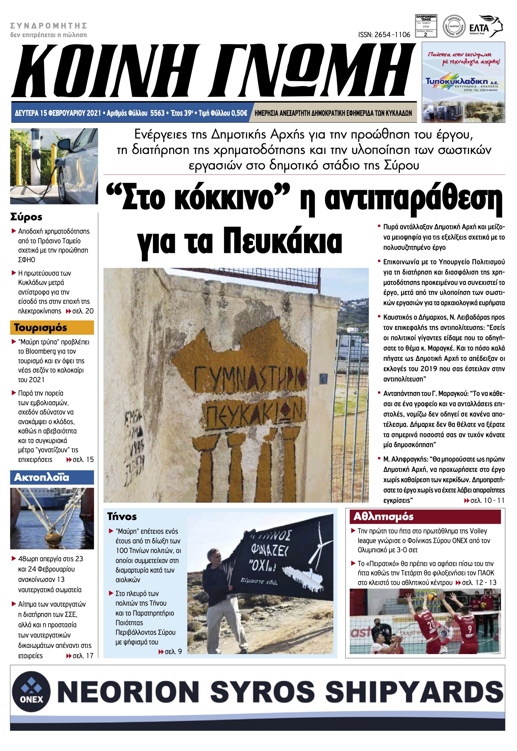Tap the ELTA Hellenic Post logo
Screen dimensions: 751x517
[x=485, y=26]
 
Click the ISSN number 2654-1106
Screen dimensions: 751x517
[x=384, y=35]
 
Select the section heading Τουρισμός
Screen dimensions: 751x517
[x=41, y=328]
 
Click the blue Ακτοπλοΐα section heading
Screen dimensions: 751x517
[x=42, y=477]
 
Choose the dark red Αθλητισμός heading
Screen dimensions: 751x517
[x=384, y=517]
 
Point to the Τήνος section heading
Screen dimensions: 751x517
[x=122, y=517]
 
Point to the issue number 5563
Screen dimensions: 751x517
[x=157, y=113]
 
